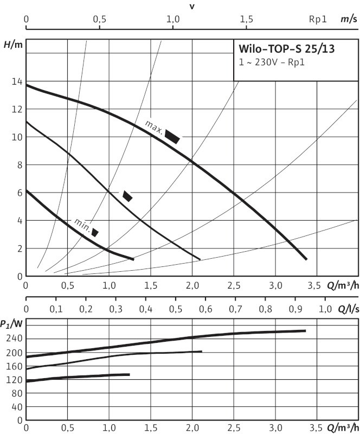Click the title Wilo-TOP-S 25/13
point(287,49)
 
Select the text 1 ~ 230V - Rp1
point(272,62)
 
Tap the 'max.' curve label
point(154,126)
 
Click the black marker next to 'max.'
point(172,137)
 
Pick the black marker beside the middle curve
point(127,196)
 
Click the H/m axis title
point(13,44)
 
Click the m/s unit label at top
point(348,19)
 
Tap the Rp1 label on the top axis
point(318,19)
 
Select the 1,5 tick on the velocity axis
point(246,19)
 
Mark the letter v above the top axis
point(191,6)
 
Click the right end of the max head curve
point(306,259)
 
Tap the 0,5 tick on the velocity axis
point(99,19)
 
